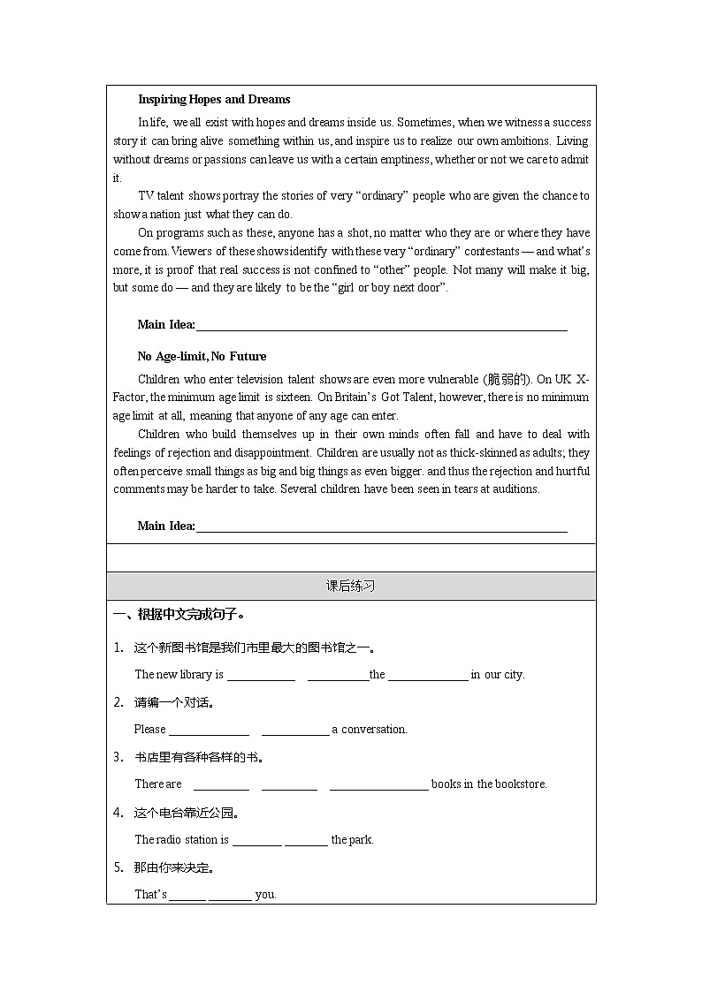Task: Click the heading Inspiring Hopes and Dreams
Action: (214, 100)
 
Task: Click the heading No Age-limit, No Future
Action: (202, 357)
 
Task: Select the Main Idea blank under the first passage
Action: (381, 326)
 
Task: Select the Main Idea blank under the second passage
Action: (381, 527)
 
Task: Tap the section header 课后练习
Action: (350, 586)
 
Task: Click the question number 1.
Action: (118, 647)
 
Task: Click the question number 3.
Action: (118, 757)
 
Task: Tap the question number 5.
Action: (118, 867)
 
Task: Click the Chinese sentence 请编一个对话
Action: (174, 703)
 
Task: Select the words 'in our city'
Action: (498, 675)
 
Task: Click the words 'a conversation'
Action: (370, 730)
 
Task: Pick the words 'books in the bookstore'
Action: (489, 784)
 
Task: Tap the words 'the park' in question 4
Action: (352, 840)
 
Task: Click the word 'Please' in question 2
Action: (150, 730)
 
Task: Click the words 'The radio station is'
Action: (181, 840)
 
